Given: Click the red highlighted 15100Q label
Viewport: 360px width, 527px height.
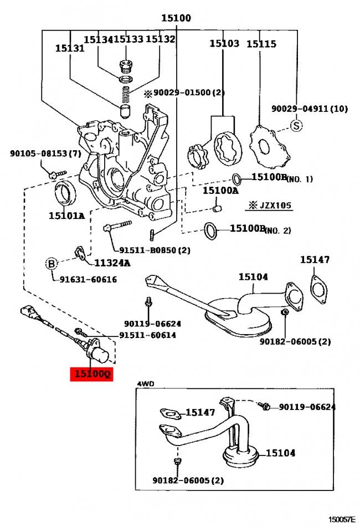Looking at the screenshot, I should [90, 374].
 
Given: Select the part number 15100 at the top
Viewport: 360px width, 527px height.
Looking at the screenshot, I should [176, 18].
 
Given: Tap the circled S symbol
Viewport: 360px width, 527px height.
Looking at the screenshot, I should [297, 126].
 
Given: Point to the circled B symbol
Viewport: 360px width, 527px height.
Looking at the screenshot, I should [51, 264].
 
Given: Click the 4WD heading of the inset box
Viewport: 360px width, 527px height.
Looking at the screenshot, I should [145, 383].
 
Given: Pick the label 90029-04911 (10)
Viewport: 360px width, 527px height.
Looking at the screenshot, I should [309, 109].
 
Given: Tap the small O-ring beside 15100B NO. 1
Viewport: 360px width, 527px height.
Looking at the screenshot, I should [236, 178].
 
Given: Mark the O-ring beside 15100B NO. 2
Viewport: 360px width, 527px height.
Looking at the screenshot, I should [211, 229].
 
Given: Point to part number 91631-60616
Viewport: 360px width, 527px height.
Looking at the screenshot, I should [89, 279].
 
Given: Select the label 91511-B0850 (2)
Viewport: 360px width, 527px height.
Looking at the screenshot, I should [149, 250].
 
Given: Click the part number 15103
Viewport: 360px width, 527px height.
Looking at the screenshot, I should [224, 43].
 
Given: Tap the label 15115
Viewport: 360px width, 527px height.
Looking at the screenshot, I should [261, 43].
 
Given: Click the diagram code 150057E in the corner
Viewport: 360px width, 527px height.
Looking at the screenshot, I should [342, 519].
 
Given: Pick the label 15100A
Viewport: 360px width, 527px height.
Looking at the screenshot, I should [220, 191].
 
